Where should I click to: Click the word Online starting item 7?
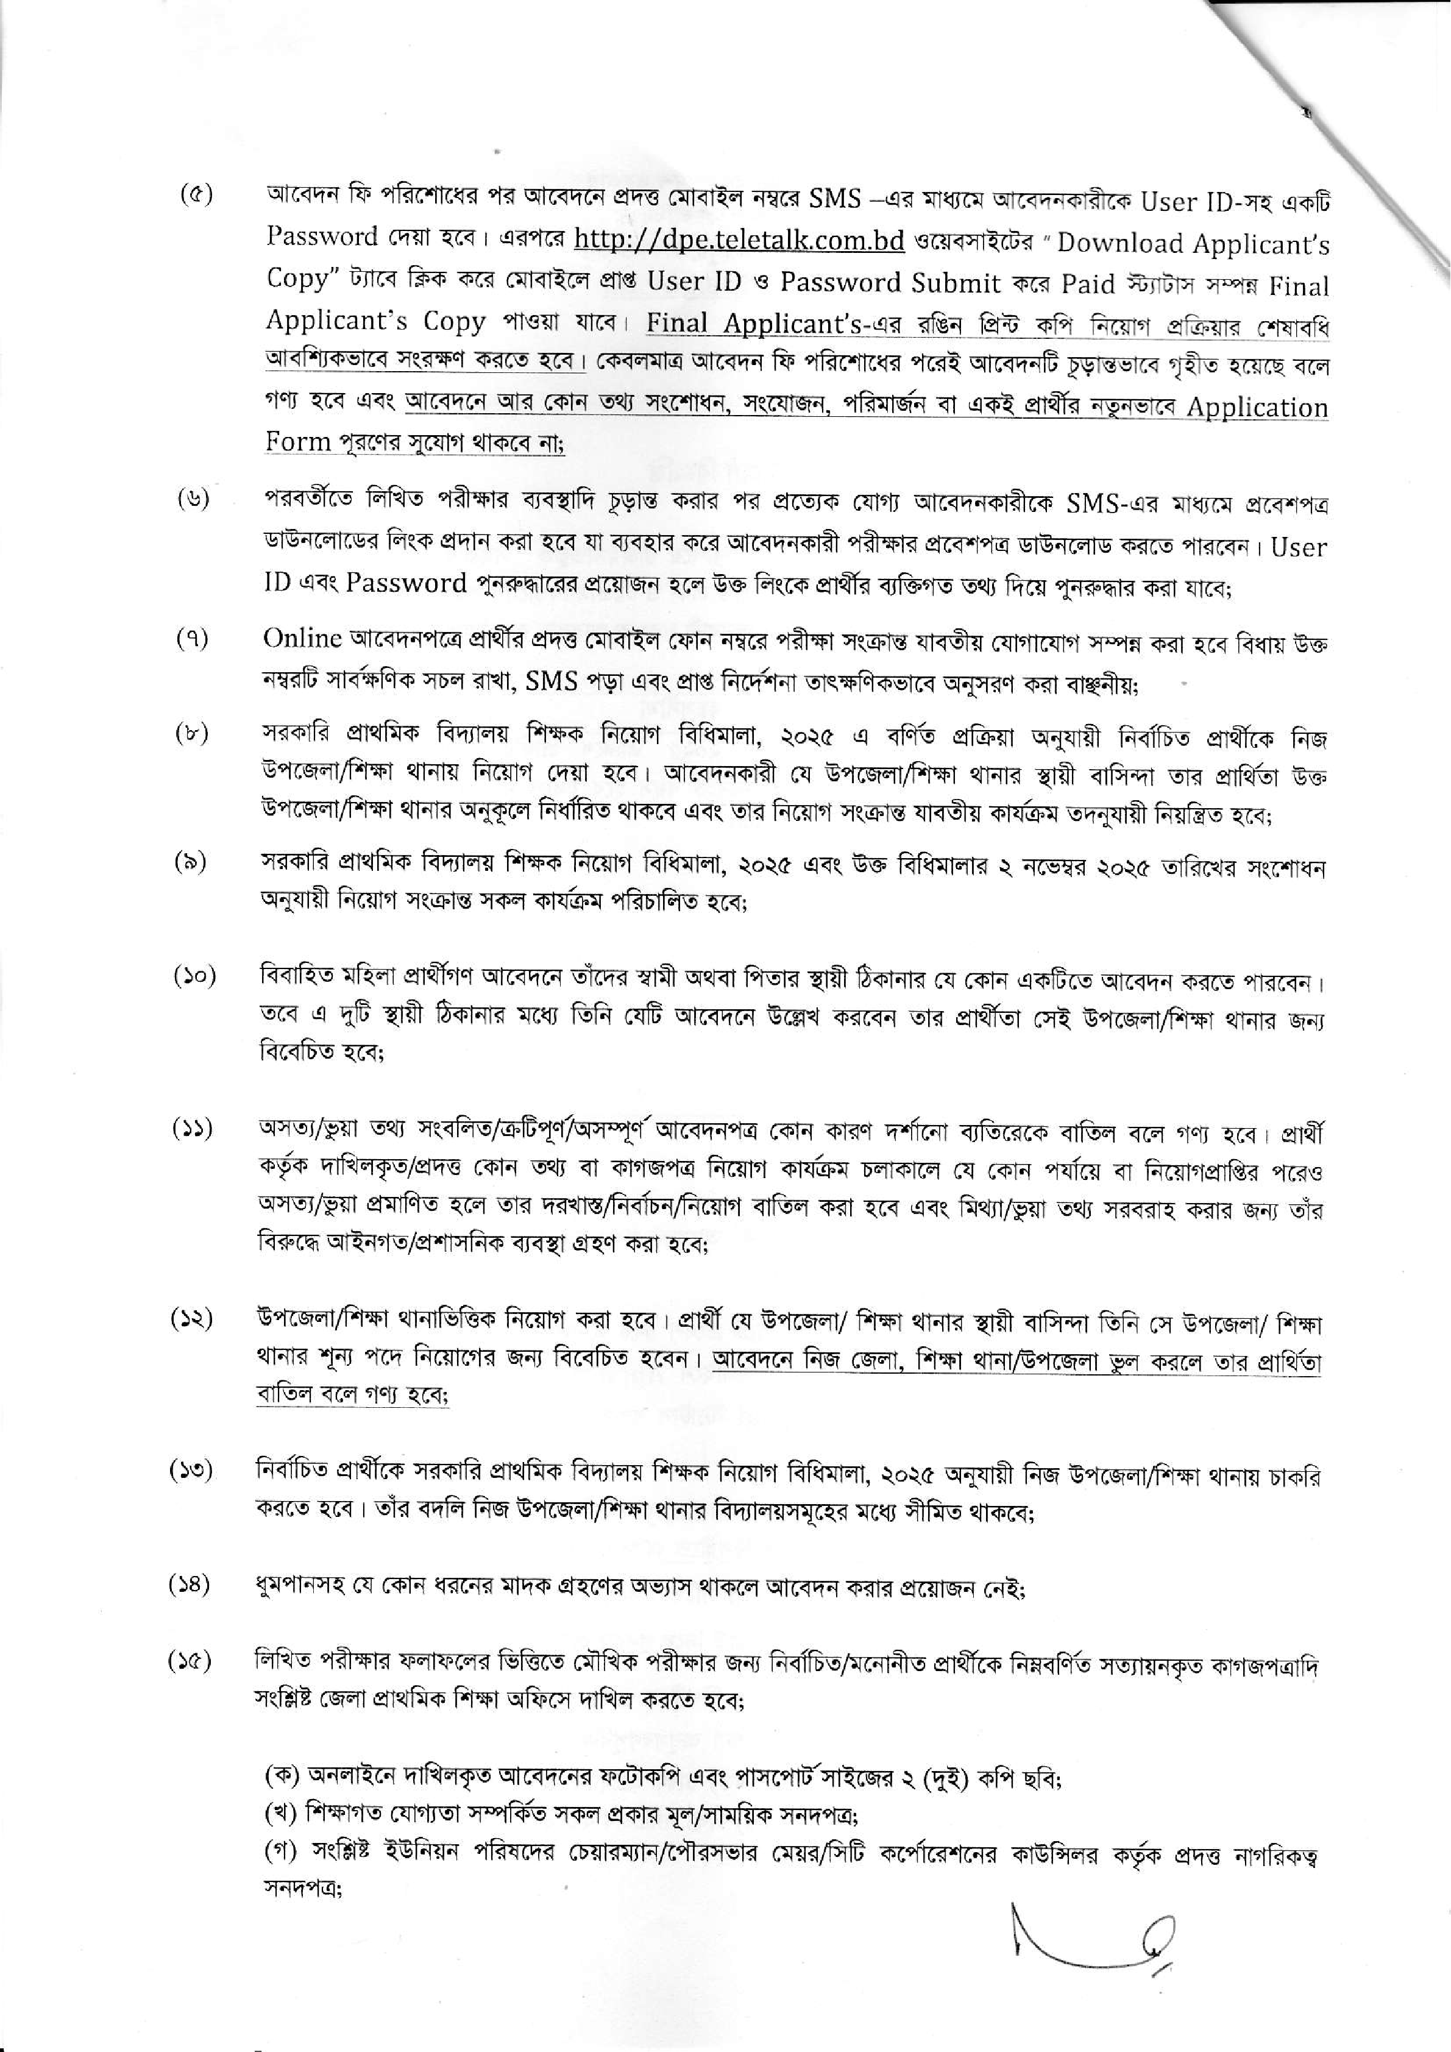pyautogui.click(x=303, y=638)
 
